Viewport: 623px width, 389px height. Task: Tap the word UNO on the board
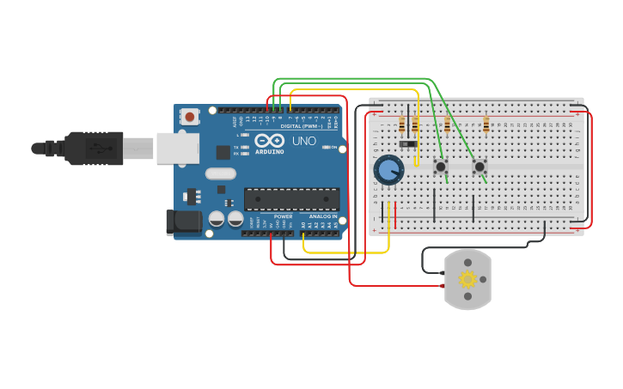tap(304, 141)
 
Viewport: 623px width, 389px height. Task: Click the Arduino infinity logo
tap(269, 142)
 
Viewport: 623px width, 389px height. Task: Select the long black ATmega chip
tap(291, 199)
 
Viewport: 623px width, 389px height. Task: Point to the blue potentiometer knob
tap(388, 169)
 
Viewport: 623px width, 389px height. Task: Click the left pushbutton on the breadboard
tap(441, 166)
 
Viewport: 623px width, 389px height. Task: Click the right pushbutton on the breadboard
tap(479, 166)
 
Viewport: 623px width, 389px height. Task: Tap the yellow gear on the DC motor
tap(467, 279)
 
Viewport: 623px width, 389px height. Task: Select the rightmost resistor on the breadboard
tap(486, 126)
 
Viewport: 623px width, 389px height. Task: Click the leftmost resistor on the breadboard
tap(402, 126)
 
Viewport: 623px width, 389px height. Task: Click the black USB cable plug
tap(95, 148)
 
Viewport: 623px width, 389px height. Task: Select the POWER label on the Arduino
tap(283, 216)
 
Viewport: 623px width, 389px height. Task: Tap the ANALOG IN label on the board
tap(323, 216)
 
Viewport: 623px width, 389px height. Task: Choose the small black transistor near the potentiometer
tap(407, 143)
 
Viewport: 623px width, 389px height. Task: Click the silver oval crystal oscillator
tap(221, 173)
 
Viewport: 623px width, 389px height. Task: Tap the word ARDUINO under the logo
tap(269, 153)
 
